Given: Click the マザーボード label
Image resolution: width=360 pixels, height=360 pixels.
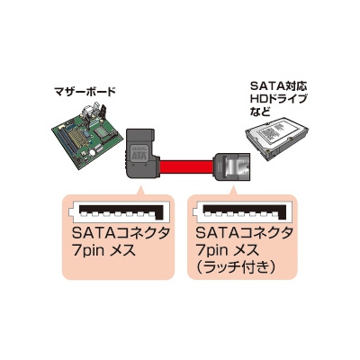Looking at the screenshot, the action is point(85,92).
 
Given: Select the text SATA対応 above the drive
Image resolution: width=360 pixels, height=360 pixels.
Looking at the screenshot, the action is point(278,86).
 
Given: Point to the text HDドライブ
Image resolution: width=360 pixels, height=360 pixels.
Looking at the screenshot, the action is point(279,99).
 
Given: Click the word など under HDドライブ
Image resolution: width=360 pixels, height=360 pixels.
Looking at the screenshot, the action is point(260,112).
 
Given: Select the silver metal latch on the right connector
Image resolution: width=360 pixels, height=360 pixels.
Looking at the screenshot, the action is point(236,166).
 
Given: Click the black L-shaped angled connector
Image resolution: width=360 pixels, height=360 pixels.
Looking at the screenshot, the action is point(140,156).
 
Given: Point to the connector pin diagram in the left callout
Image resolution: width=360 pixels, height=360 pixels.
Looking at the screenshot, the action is point(116,211).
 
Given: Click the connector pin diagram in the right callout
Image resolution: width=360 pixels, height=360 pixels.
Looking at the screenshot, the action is point(241,211).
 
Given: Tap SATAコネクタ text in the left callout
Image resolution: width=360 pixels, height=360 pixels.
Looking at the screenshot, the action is point(121,234).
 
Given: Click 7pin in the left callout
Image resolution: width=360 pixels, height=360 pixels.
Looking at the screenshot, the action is point(88,250).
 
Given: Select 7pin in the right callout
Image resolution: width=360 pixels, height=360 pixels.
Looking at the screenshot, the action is point(211,250).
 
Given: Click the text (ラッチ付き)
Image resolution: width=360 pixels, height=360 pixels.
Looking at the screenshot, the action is point(235,266).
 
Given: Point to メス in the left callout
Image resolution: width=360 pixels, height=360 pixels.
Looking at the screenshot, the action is point(122,251).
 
